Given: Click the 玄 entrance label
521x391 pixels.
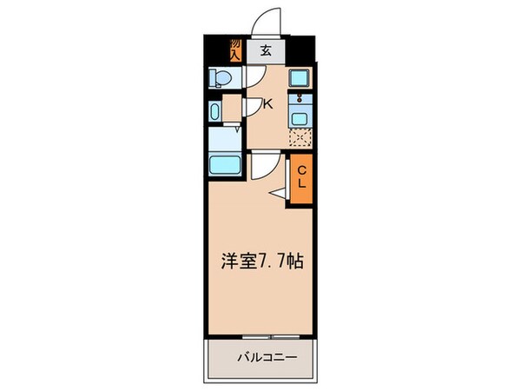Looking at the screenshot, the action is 266,50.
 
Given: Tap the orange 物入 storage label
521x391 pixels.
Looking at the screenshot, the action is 235,50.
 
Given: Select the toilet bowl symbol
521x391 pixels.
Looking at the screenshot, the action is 220,78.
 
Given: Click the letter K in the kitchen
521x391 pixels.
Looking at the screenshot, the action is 268,104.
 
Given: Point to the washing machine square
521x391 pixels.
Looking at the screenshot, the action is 299,78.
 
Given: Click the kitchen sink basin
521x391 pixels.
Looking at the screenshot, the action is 300,119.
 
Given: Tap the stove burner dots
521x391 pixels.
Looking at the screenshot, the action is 300,97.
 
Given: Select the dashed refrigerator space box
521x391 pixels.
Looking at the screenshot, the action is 300,137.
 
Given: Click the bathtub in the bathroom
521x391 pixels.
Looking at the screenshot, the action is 225,165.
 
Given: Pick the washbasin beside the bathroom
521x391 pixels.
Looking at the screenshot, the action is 214,111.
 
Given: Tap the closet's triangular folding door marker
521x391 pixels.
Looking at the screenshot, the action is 277,194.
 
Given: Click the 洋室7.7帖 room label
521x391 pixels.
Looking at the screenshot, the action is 262,261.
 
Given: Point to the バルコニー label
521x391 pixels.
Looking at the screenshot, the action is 267,358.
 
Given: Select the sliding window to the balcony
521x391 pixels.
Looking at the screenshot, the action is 271,337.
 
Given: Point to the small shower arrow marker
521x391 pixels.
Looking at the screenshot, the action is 237,129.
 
